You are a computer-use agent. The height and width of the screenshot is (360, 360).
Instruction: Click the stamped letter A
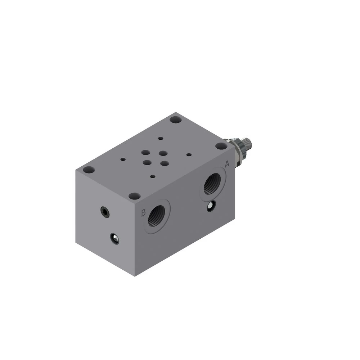coord(227,164)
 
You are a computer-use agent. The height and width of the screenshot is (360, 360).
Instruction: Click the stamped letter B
coord(143,213)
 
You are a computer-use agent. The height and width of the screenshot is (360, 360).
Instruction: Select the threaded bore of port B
coord(157,215)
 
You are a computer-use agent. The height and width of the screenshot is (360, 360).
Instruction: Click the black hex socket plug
coord(105,212)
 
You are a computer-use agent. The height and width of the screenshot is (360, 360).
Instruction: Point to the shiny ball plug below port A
coord(211,206)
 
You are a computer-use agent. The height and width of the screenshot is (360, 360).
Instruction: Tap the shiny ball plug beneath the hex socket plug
coord(114,239)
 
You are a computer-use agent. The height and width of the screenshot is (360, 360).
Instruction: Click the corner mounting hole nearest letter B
coord(135,196)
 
